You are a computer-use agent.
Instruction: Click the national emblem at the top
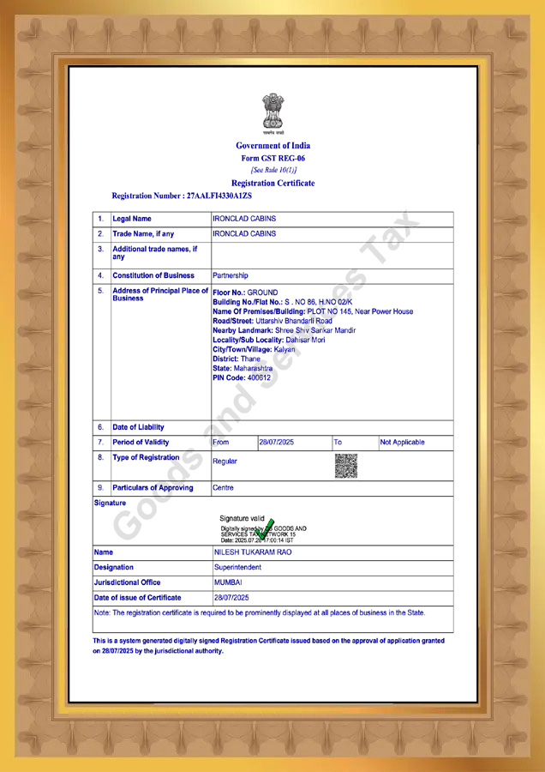272,114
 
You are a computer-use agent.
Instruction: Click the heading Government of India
272,146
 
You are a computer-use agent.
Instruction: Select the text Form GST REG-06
272,159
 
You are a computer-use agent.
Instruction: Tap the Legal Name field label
132,219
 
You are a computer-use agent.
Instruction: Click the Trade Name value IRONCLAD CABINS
244,234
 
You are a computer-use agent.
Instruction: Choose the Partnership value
231,276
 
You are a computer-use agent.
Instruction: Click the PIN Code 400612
259,378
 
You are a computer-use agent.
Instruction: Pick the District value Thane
250,359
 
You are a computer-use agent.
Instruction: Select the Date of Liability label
139,427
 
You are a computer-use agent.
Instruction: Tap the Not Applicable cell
402,443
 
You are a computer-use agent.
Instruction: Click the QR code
345,465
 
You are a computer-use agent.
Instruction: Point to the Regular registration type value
225,461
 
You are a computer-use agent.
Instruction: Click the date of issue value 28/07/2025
231,598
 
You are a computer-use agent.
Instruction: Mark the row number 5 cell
101,291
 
